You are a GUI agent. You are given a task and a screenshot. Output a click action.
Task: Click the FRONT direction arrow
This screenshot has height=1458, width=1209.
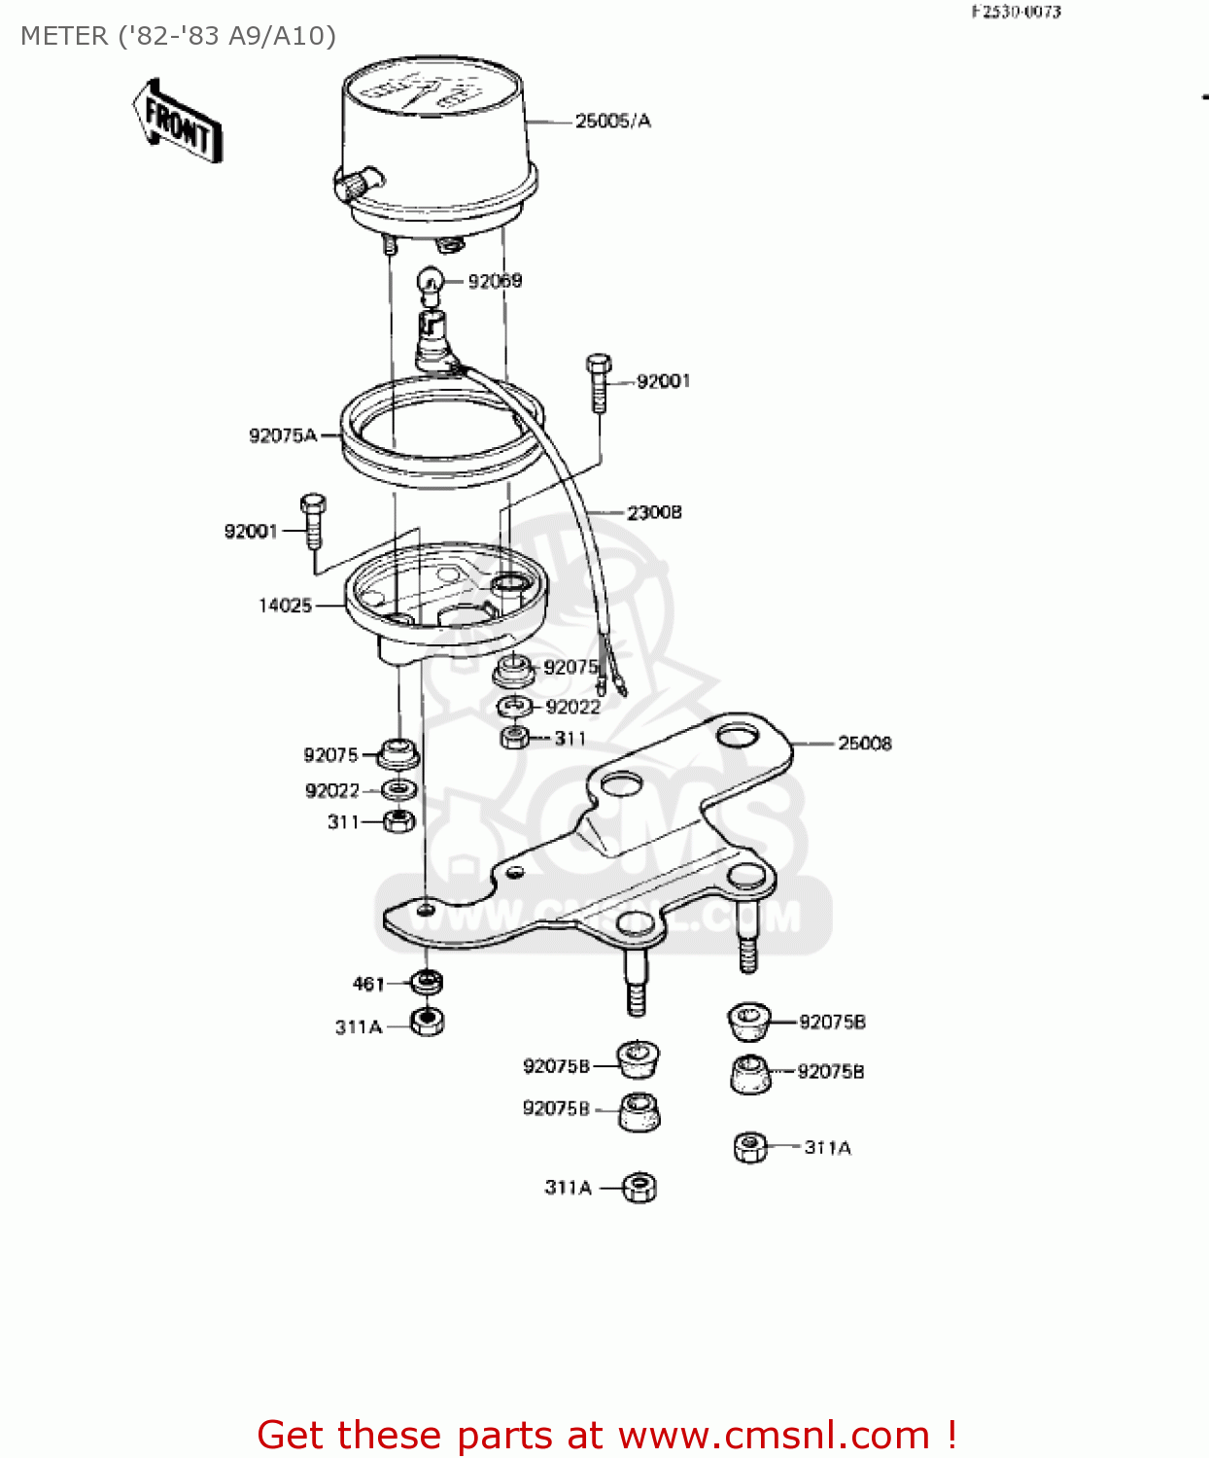point(177,121)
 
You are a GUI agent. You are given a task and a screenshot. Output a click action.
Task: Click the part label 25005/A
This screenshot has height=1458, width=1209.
point(612,121)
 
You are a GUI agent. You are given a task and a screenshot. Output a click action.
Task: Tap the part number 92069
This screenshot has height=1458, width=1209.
point(495,281)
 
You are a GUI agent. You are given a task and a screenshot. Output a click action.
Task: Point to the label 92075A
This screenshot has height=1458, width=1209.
point(283,435)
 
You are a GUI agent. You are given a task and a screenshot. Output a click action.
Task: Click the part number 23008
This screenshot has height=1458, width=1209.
point(654,512)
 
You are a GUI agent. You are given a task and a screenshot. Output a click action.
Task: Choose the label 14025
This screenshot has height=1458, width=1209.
point(285,606)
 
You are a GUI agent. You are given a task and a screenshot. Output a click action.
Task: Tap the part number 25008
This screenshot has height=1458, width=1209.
point(864,744)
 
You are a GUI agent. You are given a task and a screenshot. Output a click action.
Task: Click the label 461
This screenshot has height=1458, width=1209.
point(368,984)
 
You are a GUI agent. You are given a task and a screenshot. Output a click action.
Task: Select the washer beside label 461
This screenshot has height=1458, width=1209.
point(427,982)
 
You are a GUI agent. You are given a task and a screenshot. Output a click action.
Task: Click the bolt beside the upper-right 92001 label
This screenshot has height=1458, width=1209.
point(599,383)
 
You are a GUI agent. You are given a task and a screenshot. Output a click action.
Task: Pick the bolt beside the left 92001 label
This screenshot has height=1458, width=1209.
point(313,522)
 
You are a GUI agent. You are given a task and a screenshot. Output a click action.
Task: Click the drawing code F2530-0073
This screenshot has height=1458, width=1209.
point(1016,12)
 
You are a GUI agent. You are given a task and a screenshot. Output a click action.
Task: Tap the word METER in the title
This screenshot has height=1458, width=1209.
point(64,36)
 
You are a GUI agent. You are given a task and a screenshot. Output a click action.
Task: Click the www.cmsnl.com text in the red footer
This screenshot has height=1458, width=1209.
point(774,1435)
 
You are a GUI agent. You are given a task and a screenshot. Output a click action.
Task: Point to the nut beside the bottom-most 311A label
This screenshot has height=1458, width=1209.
point(639,1187)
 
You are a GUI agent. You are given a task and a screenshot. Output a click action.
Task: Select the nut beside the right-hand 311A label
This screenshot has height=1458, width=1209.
point(749,1148)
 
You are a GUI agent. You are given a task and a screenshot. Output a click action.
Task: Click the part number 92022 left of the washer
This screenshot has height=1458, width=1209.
point(332,791)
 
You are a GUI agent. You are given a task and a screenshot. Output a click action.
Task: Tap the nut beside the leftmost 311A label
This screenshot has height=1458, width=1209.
point(427,1022)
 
